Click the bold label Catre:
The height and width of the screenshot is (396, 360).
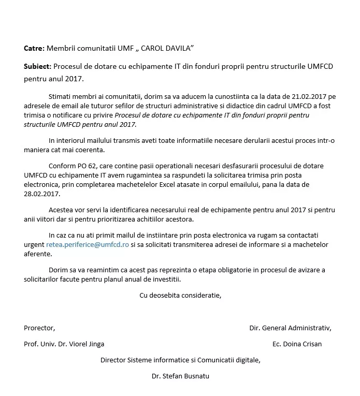(x=34, y=48)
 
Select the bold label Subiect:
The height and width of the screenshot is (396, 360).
(x=37, y=67)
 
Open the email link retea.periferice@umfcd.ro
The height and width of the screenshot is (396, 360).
(x=88, y=244)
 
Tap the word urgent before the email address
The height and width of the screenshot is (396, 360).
(x=34, y=244)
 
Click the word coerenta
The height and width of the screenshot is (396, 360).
(x=90, y=150)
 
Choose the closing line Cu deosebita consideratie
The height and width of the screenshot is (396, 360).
(x=180, y=295)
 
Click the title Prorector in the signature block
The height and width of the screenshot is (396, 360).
(x=39, y=328)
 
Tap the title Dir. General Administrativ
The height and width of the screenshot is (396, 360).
(x=290, y=328)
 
